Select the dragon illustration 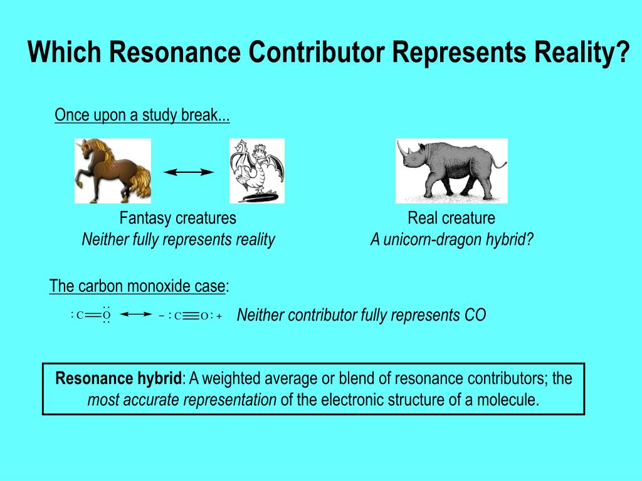point(256,171)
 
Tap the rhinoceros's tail point(500,163)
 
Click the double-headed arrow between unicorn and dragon point(189,172)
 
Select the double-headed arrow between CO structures point(136,314)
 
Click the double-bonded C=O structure point(91,315)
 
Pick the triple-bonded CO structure point(191,316)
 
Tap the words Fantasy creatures point(177,218)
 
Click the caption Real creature point(451,218)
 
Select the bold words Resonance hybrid point(118,378)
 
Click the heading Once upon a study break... point(142,115)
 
